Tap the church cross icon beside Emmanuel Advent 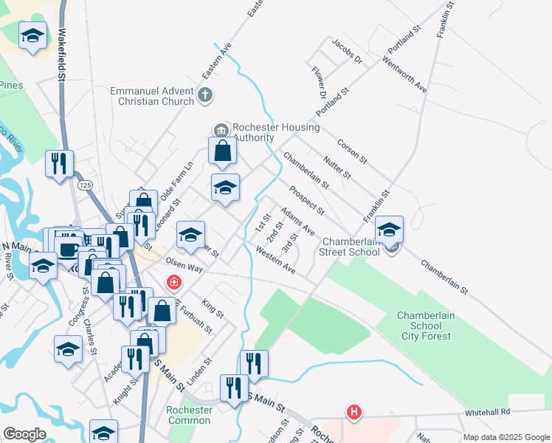tap(206, 95)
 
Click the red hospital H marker tap(354, 412)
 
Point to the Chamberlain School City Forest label tap(424, 326)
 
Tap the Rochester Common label tap(189, 415)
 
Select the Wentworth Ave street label tap(404, 75)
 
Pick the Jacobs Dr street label tap(348, 51)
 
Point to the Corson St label tap(352, 151)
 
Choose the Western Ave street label tap(275, 262)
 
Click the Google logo tap(24, 434)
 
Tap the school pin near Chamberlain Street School tap(389, 229)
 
